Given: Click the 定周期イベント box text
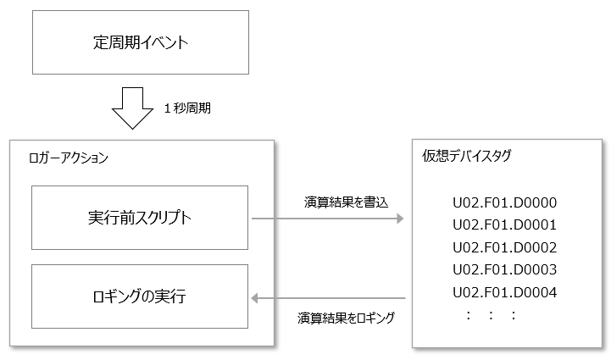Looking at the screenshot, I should pos(141,42).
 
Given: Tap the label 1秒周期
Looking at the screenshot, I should pos(186,108).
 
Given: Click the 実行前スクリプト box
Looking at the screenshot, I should pos(141,218).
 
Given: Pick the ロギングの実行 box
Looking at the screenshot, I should pos(141,296).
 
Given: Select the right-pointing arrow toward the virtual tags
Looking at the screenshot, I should pos(326,218).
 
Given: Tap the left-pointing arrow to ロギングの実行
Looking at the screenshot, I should pos(330,297).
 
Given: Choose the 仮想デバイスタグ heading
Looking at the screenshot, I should pos(465,156).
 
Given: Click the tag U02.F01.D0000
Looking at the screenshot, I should pos(503,202).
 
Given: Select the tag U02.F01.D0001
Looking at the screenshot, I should pos(503,224).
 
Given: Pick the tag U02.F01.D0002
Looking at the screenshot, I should pos(503,247).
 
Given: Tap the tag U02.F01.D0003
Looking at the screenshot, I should pos(503,270).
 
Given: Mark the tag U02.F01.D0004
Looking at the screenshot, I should pos(503,292).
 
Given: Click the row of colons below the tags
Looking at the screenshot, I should pos(491,315).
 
